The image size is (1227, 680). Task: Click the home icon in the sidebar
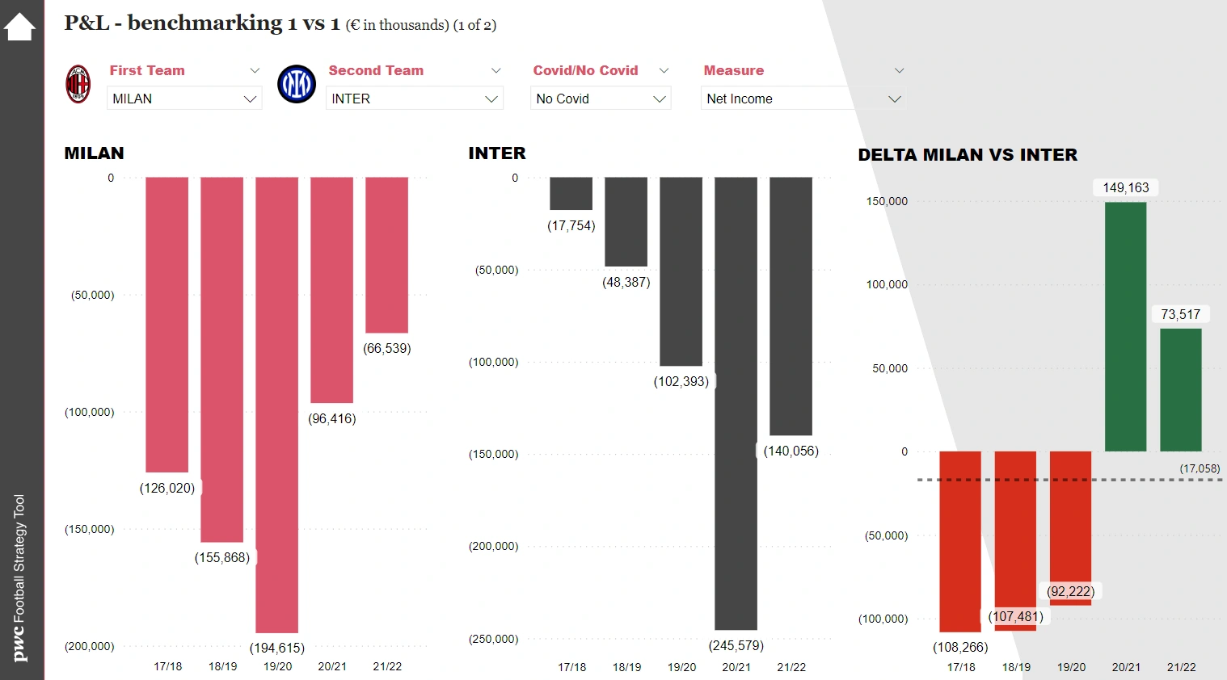[x=19, y=27]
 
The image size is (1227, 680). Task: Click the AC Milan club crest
[x=78, y=84]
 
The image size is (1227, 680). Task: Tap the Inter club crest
[x=297, y=84]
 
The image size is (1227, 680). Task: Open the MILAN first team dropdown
[x=184, y=99]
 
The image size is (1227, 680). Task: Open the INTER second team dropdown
[x=415, y=99]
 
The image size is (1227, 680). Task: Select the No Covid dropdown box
[x=601, y=99]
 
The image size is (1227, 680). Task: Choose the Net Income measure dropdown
[x=802, y=99]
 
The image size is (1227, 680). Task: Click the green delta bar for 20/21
[x=1125, y=326]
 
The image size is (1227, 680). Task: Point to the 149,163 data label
[x=1125, y=187]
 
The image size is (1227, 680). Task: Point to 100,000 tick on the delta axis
[x=887, y=284]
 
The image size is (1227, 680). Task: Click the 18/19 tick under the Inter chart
[x=626, y=667]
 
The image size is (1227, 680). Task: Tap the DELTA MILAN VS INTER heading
[x=968, y=155]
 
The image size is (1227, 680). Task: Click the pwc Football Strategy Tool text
[x=20, y=578]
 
